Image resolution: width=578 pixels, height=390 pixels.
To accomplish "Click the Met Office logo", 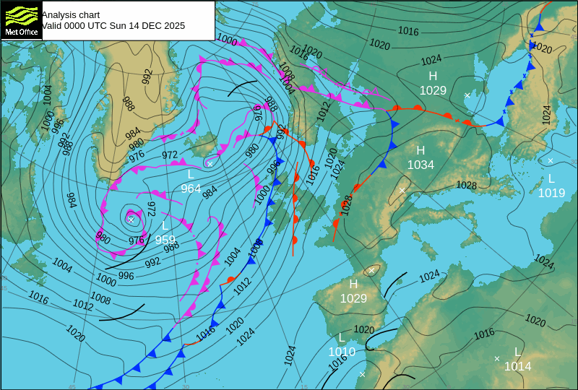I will [x=21, y=20].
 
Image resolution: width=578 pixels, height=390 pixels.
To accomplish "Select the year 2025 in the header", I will [x=173, y=25].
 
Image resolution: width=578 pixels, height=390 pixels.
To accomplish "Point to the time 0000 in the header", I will [x=75, y=25].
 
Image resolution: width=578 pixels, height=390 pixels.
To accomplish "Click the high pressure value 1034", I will [x=420, y=165].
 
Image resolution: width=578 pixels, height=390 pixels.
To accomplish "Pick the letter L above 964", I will [x=191, y=175].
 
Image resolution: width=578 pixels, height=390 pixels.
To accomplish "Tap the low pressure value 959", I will [x=165, y=240].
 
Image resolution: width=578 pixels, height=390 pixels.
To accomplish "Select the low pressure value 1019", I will [x=551, y=193].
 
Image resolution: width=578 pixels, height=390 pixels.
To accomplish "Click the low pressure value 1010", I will [x=342, y=352].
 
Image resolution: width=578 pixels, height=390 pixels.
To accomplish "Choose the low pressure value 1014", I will [x=517, y=366].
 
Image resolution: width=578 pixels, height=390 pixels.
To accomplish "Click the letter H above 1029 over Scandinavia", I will [x=433, y=76].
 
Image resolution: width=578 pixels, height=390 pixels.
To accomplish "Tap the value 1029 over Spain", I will [x=353, y=298].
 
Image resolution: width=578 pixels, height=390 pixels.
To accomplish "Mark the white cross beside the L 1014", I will [x=497, y=358].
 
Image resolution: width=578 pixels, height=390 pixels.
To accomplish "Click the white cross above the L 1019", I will [x=551, y=160].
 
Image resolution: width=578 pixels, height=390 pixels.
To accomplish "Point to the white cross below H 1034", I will [x=402, y=191].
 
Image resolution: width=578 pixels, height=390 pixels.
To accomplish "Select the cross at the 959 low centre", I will [x=131, y=218].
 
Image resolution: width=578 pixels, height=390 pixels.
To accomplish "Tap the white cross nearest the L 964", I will [x=210, y=164].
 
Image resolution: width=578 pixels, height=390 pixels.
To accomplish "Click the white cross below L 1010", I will [x=363, y=374].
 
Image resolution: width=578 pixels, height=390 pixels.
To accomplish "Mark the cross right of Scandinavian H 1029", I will [x=467, y=95].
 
